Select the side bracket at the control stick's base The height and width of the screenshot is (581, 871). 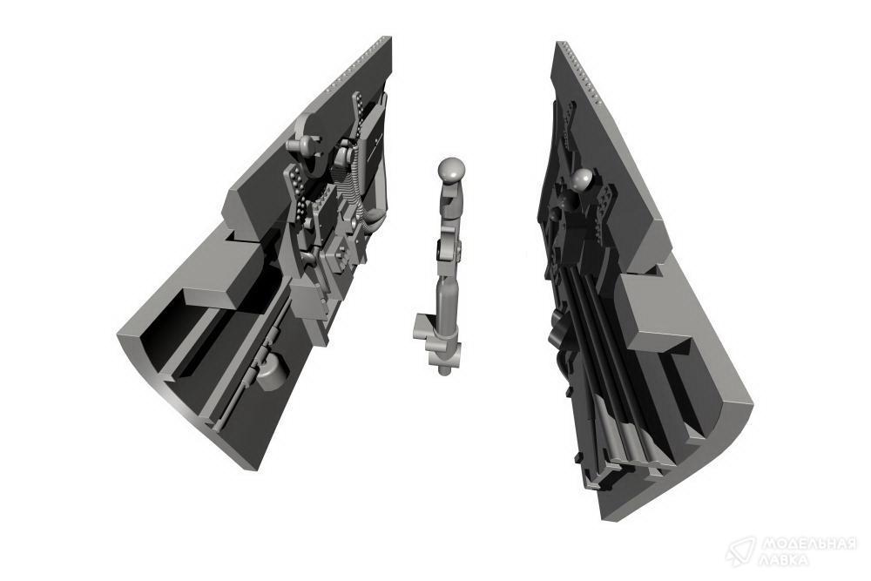coord(423,328)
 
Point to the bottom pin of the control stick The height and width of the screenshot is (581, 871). coord(443,370)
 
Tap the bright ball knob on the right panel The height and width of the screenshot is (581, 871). coord(579,180)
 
